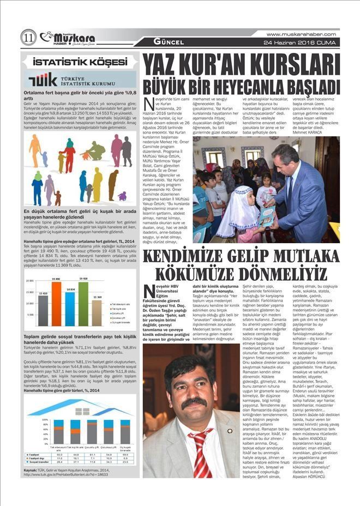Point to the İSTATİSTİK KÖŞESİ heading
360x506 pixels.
coord(76,62)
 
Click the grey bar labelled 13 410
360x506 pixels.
coord(42,311)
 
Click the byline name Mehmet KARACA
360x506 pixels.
coord(292,132)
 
